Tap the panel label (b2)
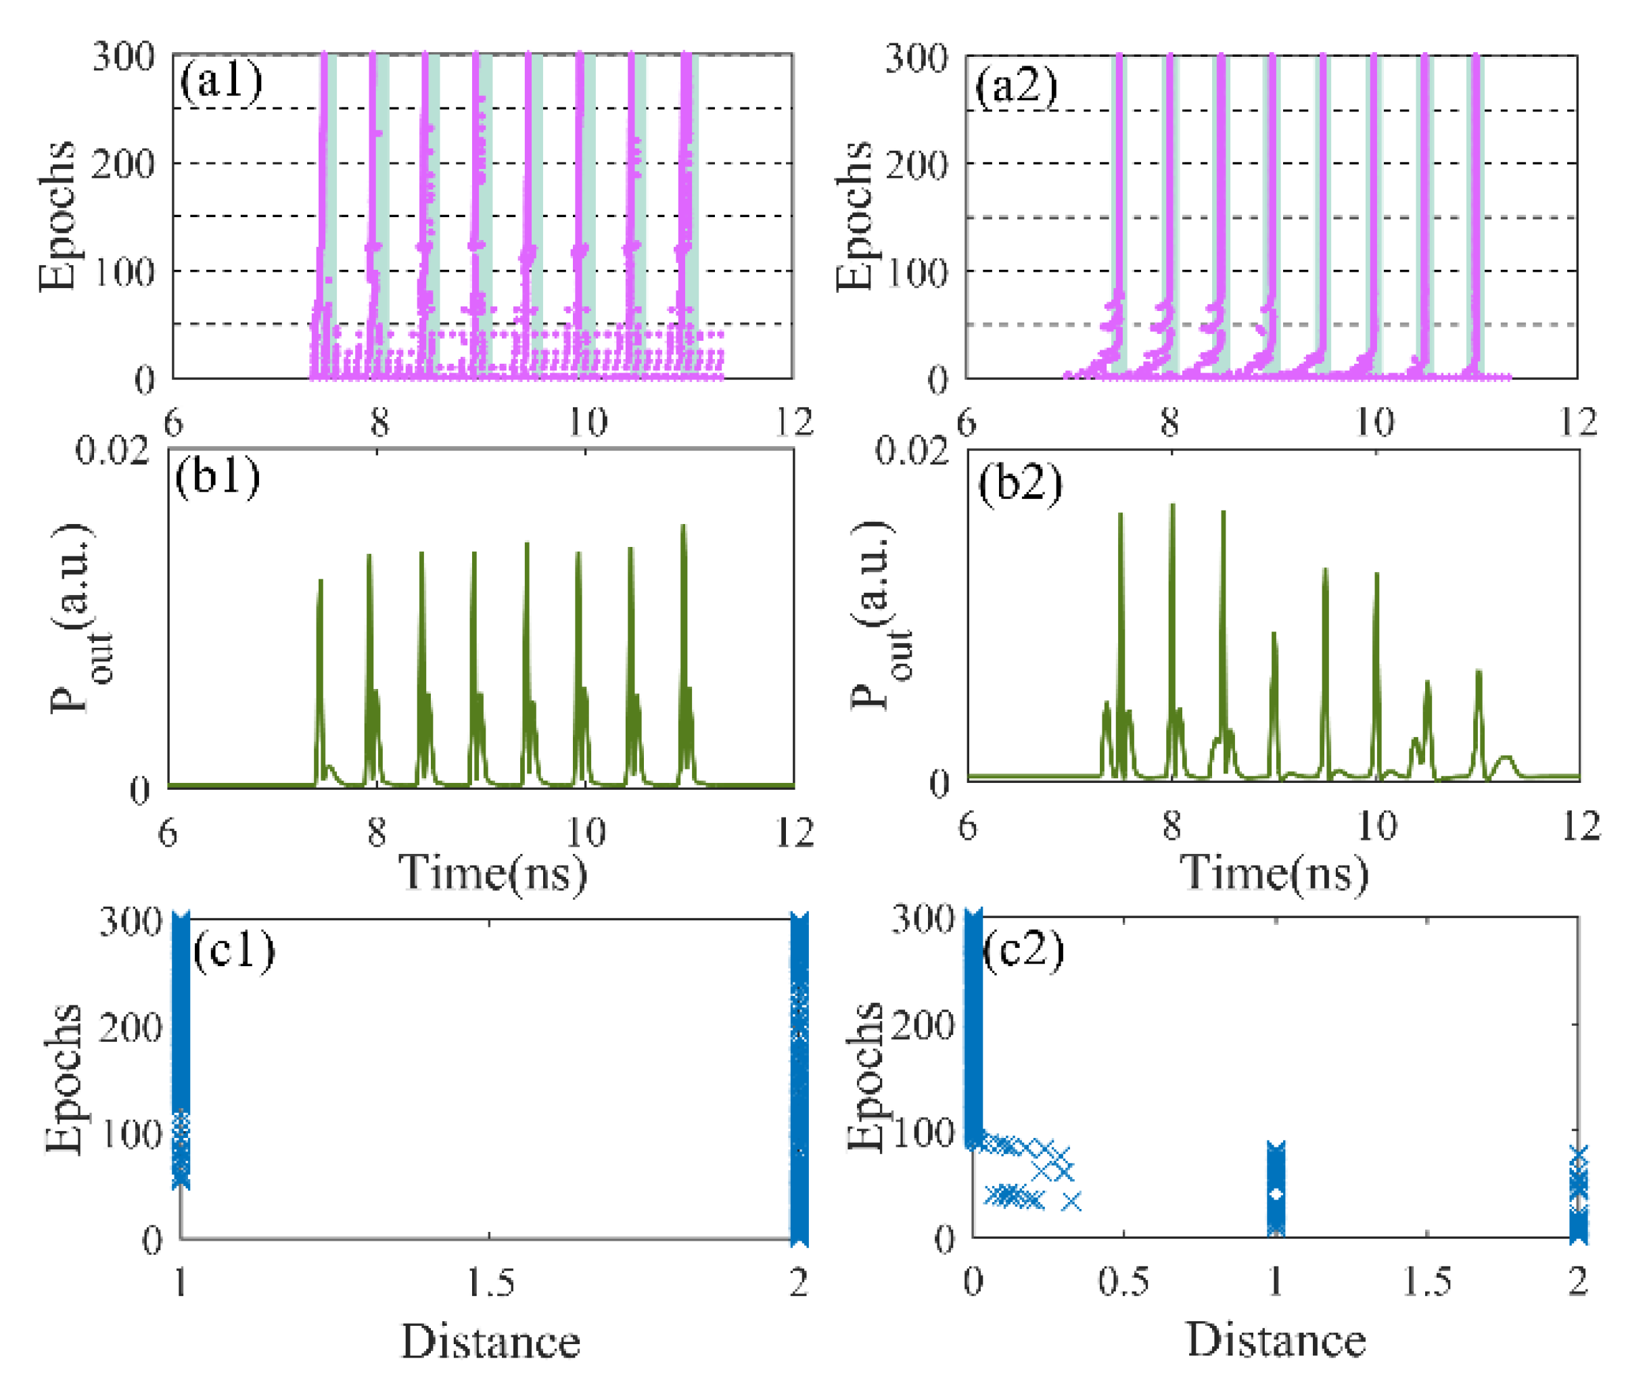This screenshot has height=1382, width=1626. pos(1019,483)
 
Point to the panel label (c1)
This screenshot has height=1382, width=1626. pos(233,951)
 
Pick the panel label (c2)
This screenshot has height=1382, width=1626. pos(1023,951)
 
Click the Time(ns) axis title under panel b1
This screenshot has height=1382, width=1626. pos(493,873)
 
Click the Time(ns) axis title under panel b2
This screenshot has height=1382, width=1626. pos(1274,873)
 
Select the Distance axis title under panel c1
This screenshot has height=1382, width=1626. pos(490,1342)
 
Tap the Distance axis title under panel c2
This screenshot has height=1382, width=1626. pos(1276,1339)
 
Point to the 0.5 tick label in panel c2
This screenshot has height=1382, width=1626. pos(1123,1282)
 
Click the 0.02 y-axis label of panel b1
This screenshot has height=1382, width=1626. pos(112,451)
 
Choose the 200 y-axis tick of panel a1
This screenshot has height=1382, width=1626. pos(123,164)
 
